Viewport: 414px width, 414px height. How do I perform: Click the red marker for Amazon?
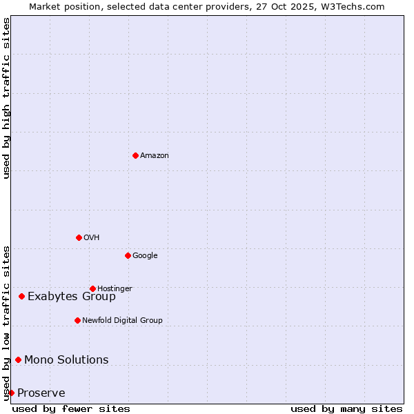click(135, 155)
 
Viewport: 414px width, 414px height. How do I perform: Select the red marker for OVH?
click(79, 237)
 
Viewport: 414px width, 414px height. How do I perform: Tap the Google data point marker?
click(128, 255)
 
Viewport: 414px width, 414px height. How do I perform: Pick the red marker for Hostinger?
click(92, 288)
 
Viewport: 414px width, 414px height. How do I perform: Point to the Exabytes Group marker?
click(21, 296)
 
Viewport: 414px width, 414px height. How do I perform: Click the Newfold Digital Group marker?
click(77, 320)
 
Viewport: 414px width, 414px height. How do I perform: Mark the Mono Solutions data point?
click(18, 359)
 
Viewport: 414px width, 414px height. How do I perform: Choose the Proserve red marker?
click(11, 393)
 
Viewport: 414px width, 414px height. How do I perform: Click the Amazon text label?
click(155, 156)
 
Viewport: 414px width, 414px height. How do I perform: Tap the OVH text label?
click(92, 238)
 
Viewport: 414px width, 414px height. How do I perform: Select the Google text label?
click(145, 256)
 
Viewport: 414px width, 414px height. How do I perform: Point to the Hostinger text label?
click(115, 288)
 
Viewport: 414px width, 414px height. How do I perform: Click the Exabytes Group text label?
click(72, 297)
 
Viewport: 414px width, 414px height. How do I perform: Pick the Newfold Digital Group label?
click(122, 320)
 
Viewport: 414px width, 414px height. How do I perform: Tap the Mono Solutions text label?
click(66, 360)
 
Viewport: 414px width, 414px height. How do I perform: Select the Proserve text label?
click(41, 393)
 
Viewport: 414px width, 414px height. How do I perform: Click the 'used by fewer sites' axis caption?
click(71, 408)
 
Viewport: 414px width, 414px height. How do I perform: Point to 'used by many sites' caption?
click(346, 408)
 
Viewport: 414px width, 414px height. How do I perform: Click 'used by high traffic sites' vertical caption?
click(6, 98)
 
